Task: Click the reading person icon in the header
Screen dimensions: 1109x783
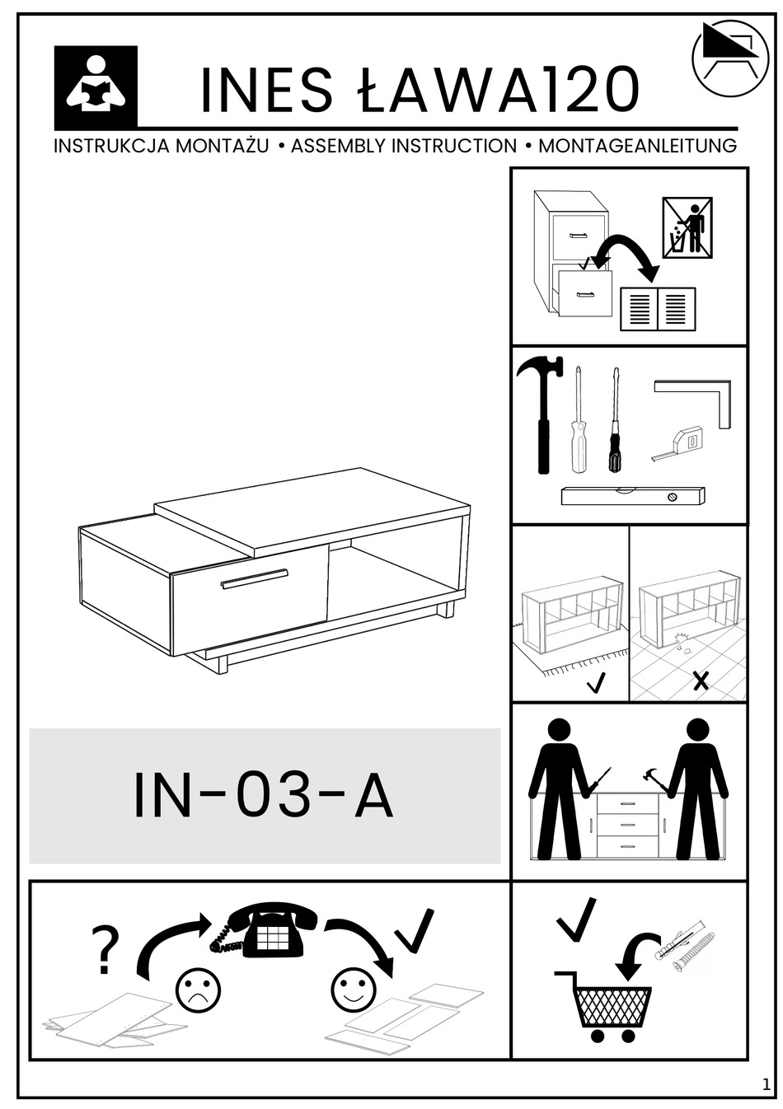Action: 96,86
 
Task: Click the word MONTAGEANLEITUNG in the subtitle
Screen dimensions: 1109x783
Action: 637,147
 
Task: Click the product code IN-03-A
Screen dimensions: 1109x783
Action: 264,796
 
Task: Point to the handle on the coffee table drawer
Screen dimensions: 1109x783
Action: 254,578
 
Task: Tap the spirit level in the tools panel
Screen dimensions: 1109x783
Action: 633,495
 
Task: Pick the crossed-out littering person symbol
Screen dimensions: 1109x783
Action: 687,227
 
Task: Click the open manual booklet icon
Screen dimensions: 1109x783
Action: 658,309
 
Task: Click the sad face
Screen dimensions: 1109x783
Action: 198,990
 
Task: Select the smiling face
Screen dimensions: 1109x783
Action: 354,990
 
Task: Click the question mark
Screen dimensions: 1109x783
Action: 105,950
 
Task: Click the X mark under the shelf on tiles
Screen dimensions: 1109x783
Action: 701,681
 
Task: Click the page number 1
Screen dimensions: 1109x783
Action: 767,1085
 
